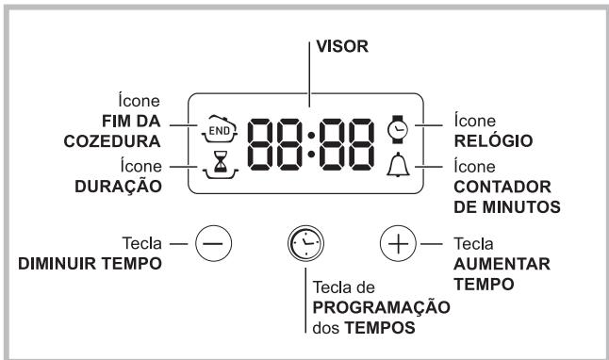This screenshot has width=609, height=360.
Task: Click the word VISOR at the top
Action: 338,44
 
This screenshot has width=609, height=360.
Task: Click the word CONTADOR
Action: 495,186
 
